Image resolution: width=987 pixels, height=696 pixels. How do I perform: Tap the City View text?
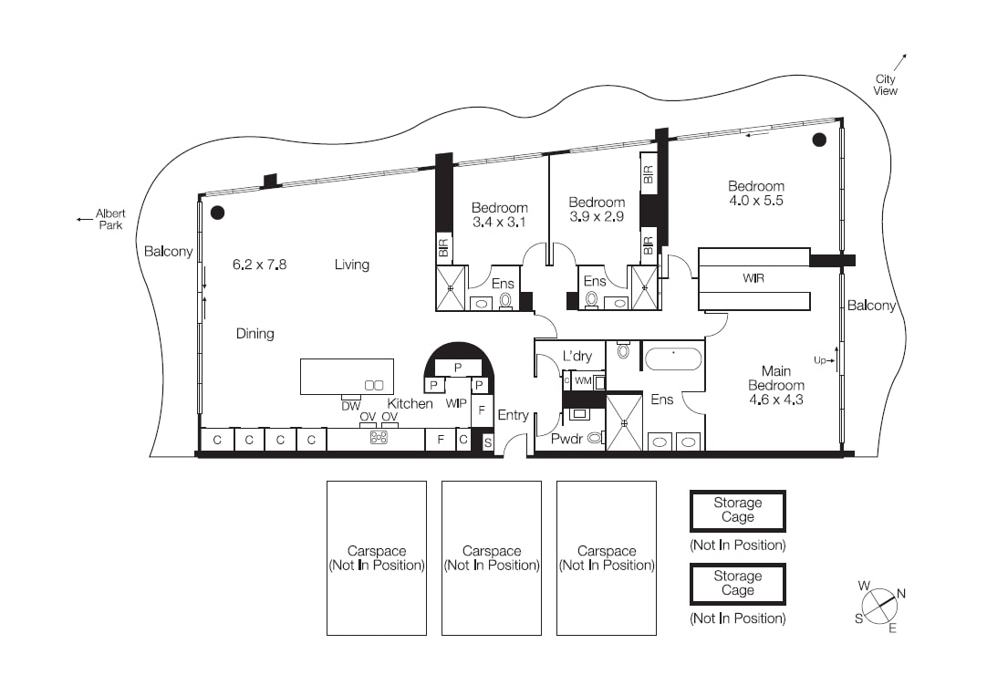(x=885, y=85)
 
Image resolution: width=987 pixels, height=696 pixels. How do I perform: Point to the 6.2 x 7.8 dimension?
(x=259, y=265)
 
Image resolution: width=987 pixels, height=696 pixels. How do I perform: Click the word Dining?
(x=255, y=334)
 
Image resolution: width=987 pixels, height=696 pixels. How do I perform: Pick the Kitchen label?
(x=410, y=403)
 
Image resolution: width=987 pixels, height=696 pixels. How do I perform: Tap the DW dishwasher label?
(x=351, y=406)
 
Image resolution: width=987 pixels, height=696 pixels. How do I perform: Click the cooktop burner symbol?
(x=378, y=438)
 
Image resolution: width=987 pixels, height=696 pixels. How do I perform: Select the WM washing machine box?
(x=583, y=381)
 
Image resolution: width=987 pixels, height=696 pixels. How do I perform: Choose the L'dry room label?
(x=577, y=356)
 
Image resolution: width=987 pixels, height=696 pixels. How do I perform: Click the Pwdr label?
(x=567, y=439)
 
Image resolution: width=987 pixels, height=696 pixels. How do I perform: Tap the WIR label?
(x=753, y=278)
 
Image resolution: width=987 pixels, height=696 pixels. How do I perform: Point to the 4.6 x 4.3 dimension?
(x=775, y=400)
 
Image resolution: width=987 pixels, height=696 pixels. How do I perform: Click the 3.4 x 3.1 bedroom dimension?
(x=500, y=222)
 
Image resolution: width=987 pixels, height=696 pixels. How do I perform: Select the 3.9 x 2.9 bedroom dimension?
(x=597, y=216)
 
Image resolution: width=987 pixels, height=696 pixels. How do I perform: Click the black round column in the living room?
(x=217, y=213)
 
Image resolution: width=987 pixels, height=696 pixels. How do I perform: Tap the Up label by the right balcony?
(x=821, y=360)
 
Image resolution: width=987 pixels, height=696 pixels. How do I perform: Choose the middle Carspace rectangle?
(x=492, y=558)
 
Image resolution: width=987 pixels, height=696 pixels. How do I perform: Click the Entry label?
(x=513, y=415)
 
